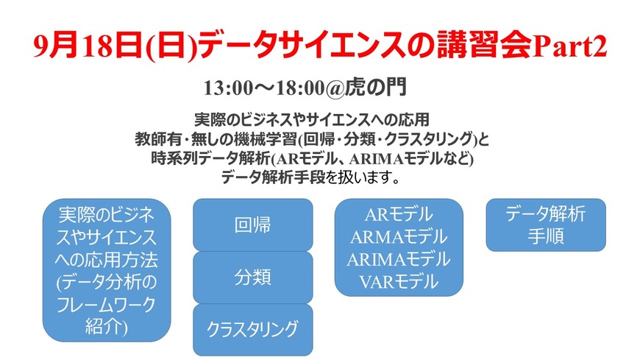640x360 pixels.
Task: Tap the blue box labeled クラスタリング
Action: coord(252,328)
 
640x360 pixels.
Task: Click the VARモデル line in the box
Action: coord(398,280)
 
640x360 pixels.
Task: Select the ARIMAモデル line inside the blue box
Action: coord(398,259)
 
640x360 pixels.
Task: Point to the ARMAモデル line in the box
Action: coord(398,237)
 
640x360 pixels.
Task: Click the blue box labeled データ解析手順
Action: coord(546,225)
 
